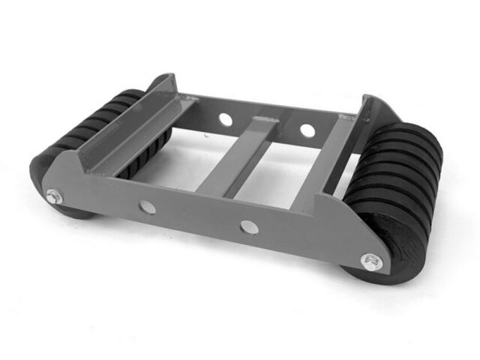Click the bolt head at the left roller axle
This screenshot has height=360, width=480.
52,196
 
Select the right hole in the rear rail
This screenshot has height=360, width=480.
307,130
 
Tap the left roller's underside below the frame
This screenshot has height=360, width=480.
75,212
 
